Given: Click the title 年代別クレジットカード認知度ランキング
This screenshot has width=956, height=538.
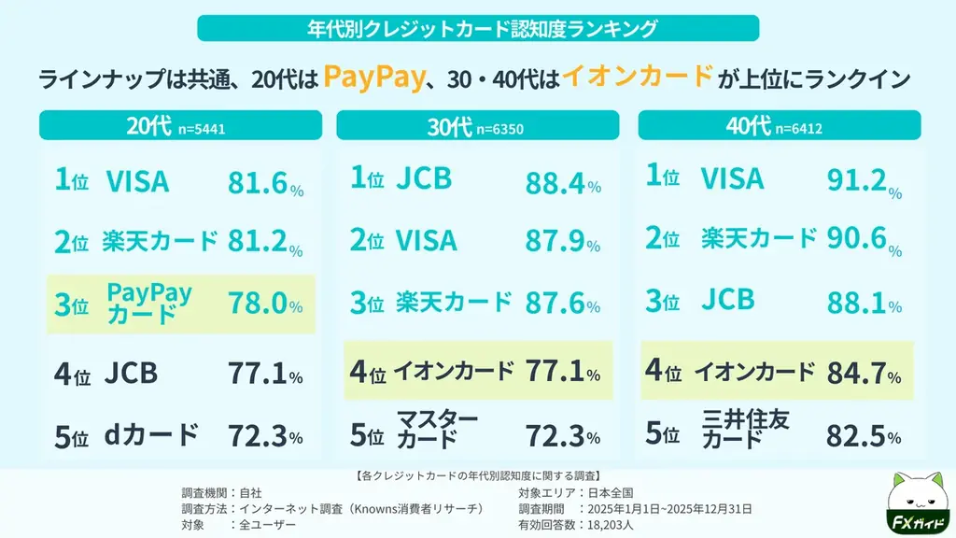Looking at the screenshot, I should click(x=478, y=28).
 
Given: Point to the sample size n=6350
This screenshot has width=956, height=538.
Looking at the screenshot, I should click(x=499, y=129).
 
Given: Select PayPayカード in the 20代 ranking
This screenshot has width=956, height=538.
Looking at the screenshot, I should click(x=149, y=304).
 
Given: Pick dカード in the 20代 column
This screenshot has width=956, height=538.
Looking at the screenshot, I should click(x=151, y=435).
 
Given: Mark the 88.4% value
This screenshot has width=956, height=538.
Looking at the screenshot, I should click(x=562, y=183).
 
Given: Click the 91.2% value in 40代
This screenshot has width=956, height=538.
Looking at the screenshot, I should click(x=864, y=181).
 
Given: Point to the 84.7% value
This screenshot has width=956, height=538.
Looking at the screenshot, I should click(x=864, y=374).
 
